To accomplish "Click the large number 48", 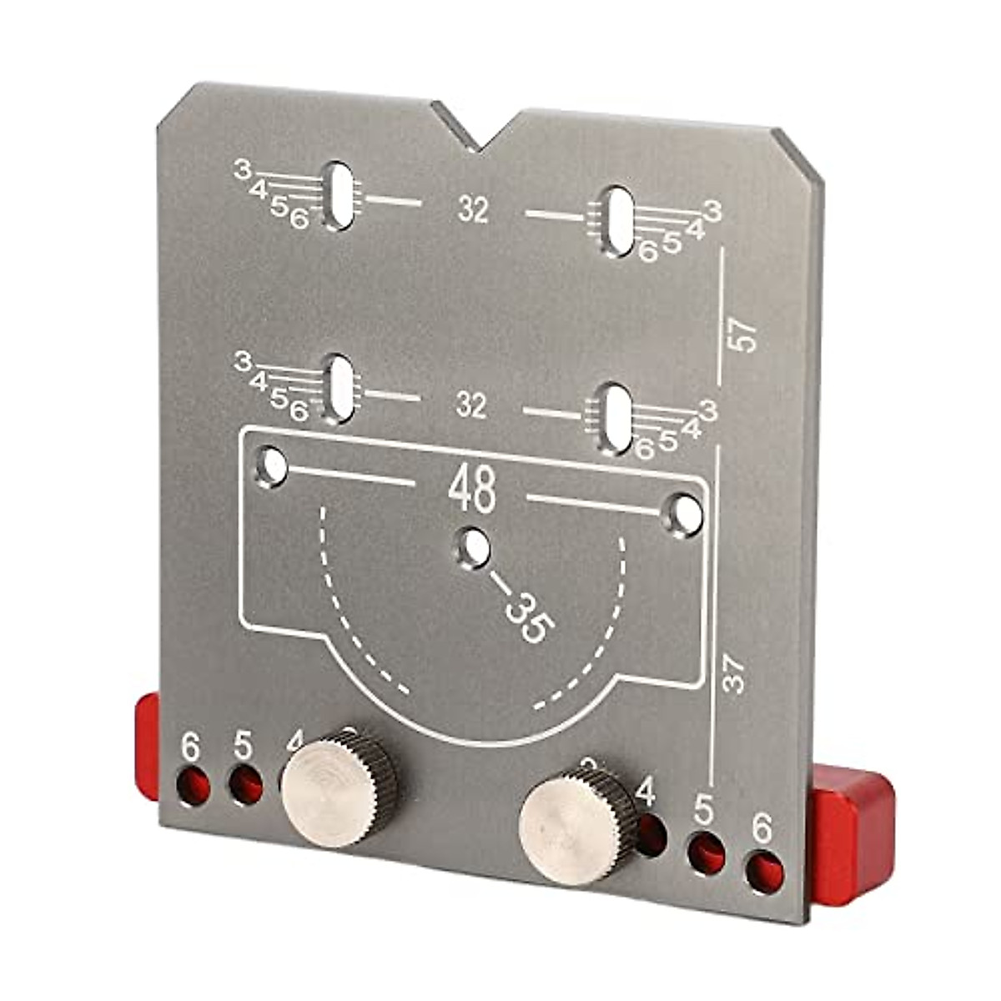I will [x=472, y=490].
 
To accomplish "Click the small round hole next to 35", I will [x=474, y=549].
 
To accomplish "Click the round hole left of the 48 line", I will [x=272, y=466].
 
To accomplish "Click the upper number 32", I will [x=473, y=210].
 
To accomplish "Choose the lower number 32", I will [x=471, y=406].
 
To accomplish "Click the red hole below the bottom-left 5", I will [x=244, y=785].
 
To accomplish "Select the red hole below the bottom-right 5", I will [x=706, y=851].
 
